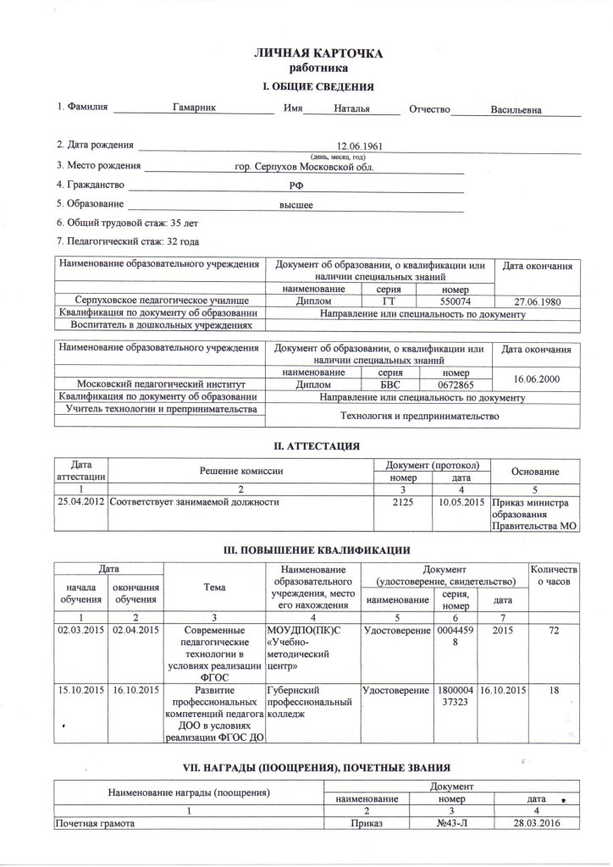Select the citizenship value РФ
(295, 186)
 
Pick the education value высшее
(296, 205)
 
